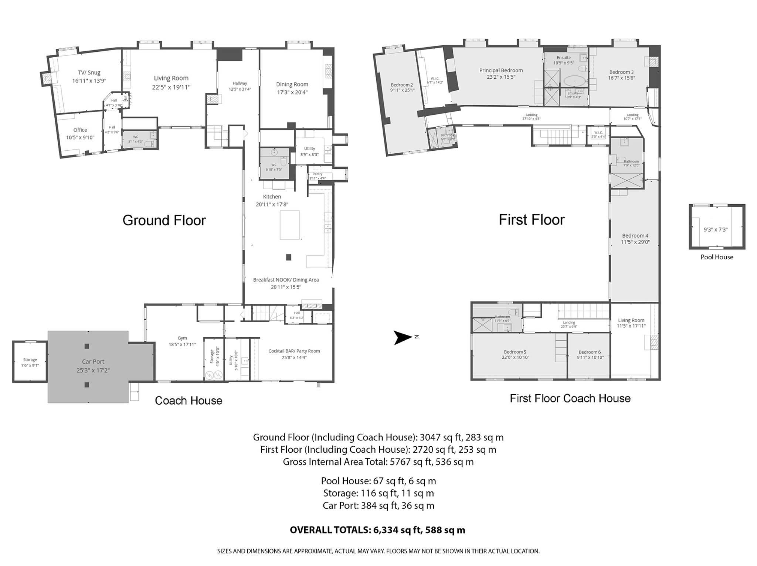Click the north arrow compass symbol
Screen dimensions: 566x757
coord(403,337)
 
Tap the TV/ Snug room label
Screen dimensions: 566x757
coord(89,73)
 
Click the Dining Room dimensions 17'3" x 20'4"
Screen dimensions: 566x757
coord(292,92)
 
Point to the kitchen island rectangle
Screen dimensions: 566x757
coord(289,225)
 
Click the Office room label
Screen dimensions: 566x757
coord(80,130)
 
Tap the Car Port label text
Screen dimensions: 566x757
coord(93,362)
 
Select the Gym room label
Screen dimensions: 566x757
coord(182,338)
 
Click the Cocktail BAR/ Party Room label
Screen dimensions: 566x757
coord(294,351)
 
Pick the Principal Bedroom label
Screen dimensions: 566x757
coord(501,71)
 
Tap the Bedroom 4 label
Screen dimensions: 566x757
coord(635,236)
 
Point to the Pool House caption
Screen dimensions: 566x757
coord(717,257)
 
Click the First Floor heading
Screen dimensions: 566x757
coord(532,220)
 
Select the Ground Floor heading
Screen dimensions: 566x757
coord(164,220)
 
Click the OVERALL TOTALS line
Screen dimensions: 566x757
coord(377,530)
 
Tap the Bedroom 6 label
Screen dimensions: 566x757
coord(590,352)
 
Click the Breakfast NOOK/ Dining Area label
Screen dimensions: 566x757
coord(286,280)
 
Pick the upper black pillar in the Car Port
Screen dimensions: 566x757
coord(87,346)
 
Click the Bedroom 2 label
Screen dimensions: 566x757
coord(402,85)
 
